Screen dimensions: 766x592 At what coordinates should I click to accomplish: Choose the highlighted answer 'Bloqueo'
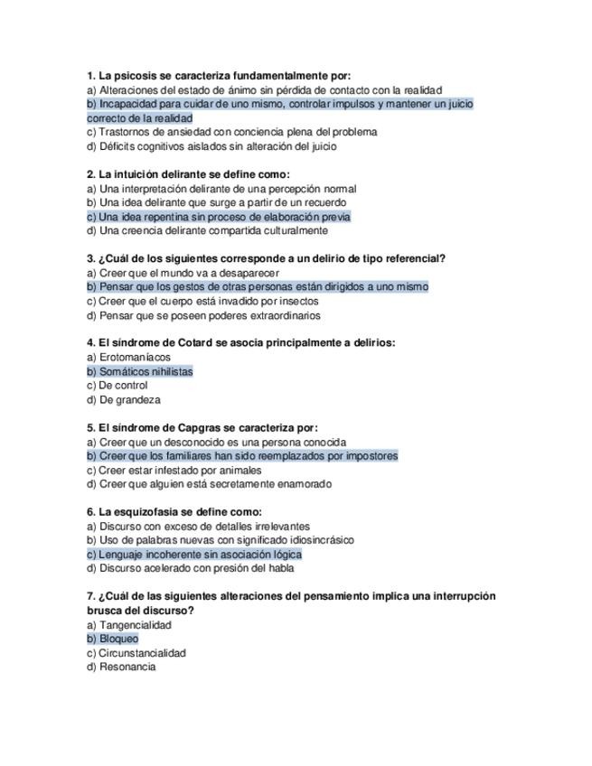118,639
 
